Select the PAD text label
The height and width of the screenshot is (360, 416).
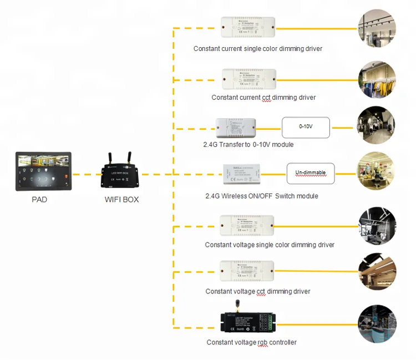(x=39, y=199)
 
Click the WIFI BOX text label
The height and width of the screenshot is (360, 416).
(x=121, y=199)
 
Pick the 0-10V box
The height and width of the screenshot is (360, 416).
(x=306, y=127)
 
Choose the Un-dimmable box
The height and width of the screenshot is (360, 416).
(x=310, y=173)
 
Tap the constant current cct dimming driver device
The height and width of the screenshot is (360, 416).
(x=249, y=79)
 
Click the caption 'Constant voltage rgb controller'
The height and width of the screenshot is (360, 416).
(x=251, y=342)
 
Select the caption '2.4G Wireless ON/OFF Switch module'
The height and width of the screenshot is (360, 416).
(x=261, y=196)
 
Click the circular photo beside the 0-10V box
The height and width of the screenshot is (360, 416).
(x=377, y=126)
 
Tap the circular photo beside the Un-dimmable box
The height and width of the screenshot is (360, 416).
(x=377, y=173)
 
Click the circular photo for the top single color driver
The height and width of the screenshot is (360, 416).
(x=377, y=28)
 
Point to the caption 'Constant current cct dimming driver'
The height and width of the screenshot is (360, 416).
(x=263, y=98)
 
